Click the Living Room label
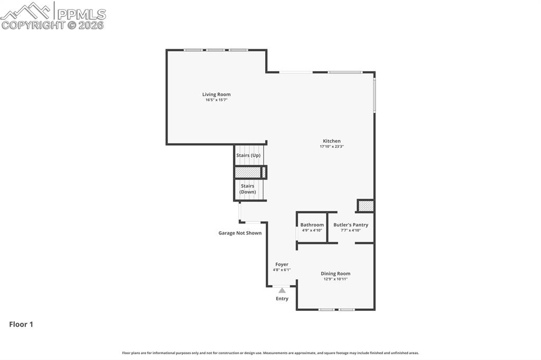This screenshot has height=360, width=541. tap(216, 94)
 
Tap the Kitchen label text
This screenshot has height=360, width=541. tap(331, 141)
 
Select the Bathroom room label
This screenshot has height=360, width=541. tap(312, 225)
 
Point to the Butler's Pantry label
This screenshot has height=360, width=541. tap(350, 225)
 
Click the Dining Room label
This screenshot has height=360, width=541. tap(335, 273)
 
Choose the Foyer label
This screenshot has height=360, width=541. tap(282, 264)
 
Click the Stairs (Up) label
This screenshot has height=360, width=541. tap(248, 155)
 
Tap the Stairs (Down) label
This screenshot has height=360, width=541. tap(248, 188)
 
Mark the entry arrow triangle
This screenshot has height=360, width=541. tap(282, 290)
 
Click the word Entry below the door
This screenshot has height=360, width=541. tap(282, 299)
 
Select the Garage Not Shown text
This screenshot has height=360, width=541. tap(240, 233)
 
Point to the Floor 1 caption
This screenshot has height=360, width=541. tap(21, 325)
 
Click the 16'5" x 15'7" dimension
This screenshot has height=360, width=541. tap(216, 100)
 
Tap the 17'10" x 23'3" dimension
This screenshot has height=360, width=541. tap(331, 147)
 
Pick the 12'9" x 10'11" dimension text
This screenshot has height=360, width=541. tap(335, 279)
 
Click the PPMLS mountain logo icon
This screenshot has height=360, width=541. tap(27, 11)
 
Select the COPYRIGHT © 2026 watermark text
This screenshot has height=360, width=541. tap(53, 25)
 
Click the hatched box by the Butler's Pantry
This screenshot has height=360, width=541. tap(366, 206)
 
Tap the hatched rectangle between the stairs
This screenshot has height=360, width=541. tap(248, 173)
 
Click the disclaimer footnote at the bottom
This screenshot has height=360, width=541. tap(270, 353)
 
